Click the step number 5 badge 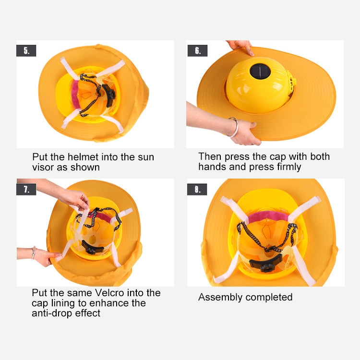click(26, 50)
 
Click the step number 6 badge click(197, 50)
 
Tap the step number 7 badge click(26, 189)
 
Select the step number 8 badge click(197, 189)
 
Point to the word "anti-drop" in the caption click(54, 313)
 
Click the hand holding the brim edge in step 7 click(45, 255)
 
